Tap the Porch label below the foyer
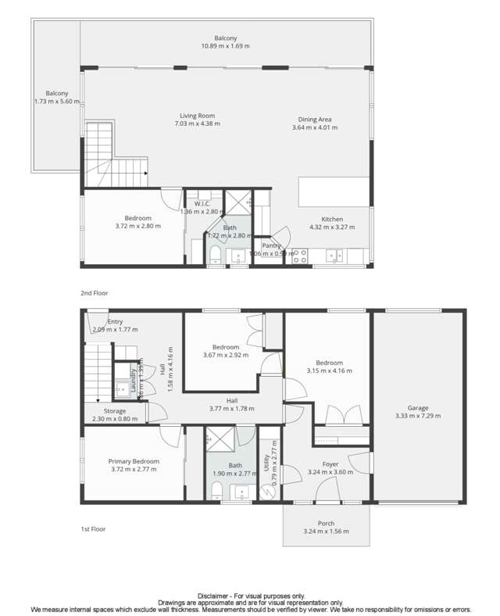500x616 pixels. pyautogui.click(x=326, y=523)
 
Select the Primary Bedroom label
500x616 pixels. pyautogui.click(x=134, y=461)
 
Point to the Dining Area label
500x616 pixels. pyautogui.click(x=314, y=120)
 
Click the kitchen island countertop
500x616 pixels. pyautogui.click(x=333, y=191)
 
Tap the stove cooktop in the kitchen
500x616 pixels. pyautogui.click(x=299, y=255)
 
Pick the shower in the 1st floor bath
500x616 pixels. pyautogui.click(x=221, y=442)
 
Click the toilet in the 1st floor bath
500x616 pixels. pyautogui.click(x=216, y=490)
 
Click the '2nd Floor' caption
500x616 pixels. pyautogui.click(x=94, y=293)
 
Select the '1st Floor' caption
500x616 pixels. pyautogui.click(x=93, y=529)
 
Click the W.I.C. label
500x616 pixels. pyautogui.click(x=192, y=203)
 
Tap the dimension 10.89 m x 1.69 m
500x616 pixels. pyautogui.click(x=226, y=46)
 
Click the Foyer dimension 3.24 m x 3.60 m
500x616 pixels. pyautogui.click(x=331, y=472)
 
